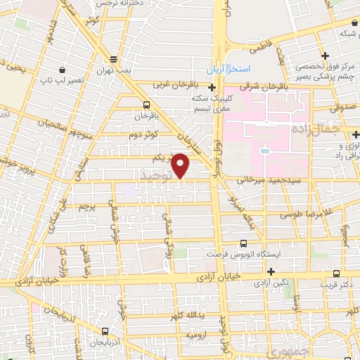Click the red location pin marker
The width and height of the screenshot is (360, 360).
181,165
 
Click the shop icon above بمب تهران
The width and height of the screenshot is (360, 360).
113,60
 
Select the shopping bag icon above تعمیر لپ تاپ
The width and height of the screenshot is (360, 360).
63,70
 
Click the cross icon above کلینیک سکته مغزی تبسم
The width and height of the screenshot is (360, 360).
212,87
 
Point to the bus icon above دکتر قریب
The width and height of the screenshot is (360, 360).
336,273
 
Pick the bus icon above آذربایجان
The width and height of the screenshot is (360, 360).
105,331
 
